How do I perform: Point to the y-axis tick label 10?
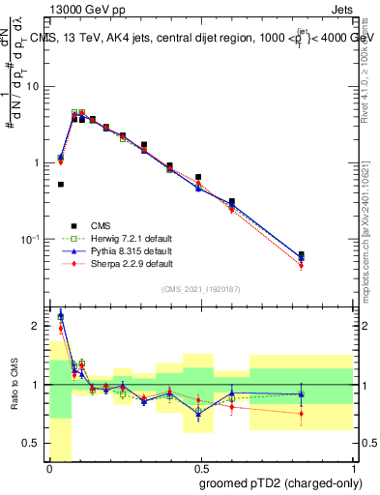click(33, 87)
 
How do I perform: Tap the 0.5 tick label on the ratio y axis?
click(30, 443)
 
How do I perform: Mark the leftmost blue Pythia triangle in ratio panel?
click(60, 314)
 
